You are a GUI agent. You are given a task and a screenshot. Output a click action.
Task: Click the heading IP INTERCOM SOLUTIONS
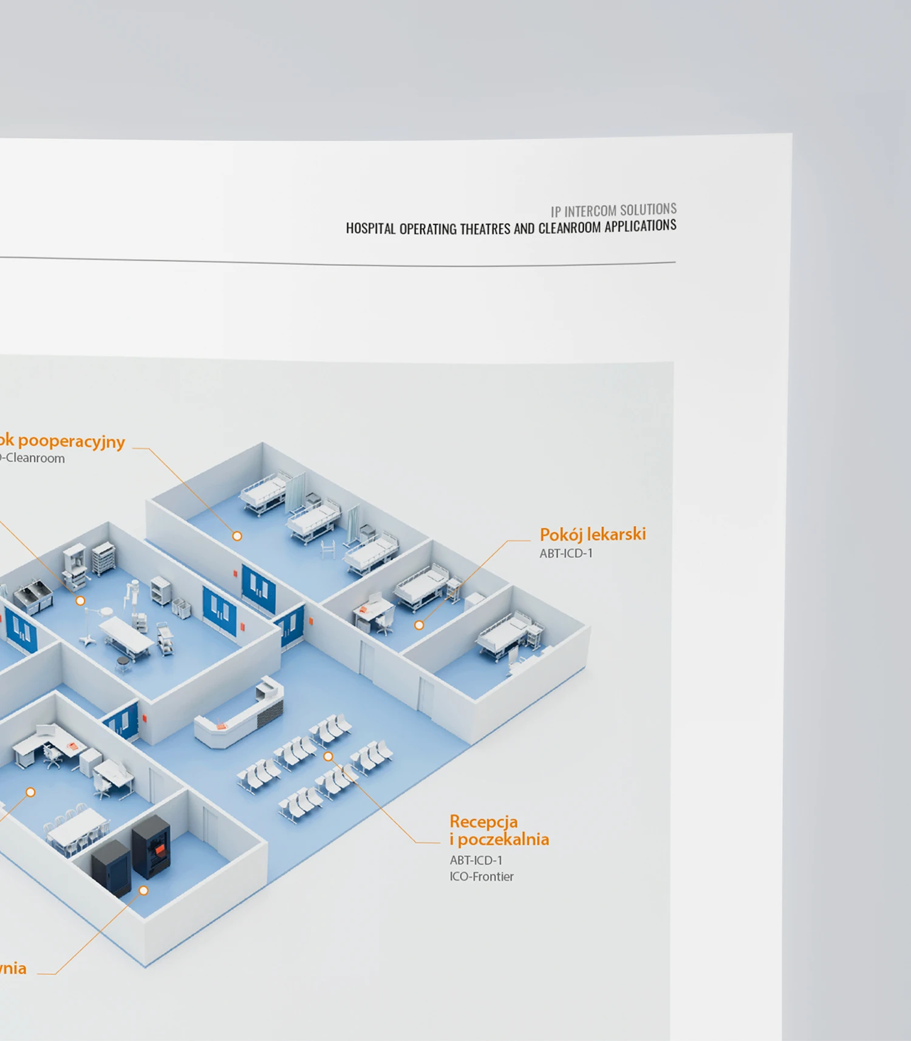click(x=613, y=210)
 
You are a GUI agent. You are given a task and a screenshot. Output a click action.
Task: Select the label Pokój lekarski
click(x=592, y=534)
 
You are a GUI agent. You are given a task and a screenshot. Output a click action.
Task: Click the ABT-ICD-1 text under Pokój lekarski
click(x=565, y=553)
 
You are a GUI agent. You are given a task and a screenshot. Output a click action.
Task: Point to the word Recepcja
click(x=483, y=821)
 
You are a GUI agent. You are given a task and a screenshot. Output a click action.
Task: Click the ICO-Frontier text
click(x=481, y=877)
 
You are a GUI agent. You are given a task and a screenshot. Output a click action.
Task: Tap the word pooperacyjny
click(x=72, y=441)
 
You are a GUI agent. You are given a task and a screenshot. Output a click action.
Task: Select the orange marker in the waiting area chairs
click(x=328, y=756)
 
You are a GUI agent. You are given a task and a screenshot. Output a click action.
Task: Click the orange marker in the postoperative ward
click(x=237, y=536)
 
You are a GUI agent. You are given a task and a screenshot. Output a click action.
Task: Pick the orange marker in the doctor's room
click(x=419, y=625)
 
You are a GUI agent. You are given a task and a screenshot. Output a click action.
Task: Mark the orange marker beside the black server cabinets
click(x=144, y=890)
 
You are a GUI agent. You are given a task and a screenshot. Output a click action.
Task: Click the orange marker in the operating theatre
click(x=80, y=601)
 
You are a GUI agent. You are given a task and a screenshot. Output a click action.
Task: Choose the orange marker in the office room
click(x=30, y=792)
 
